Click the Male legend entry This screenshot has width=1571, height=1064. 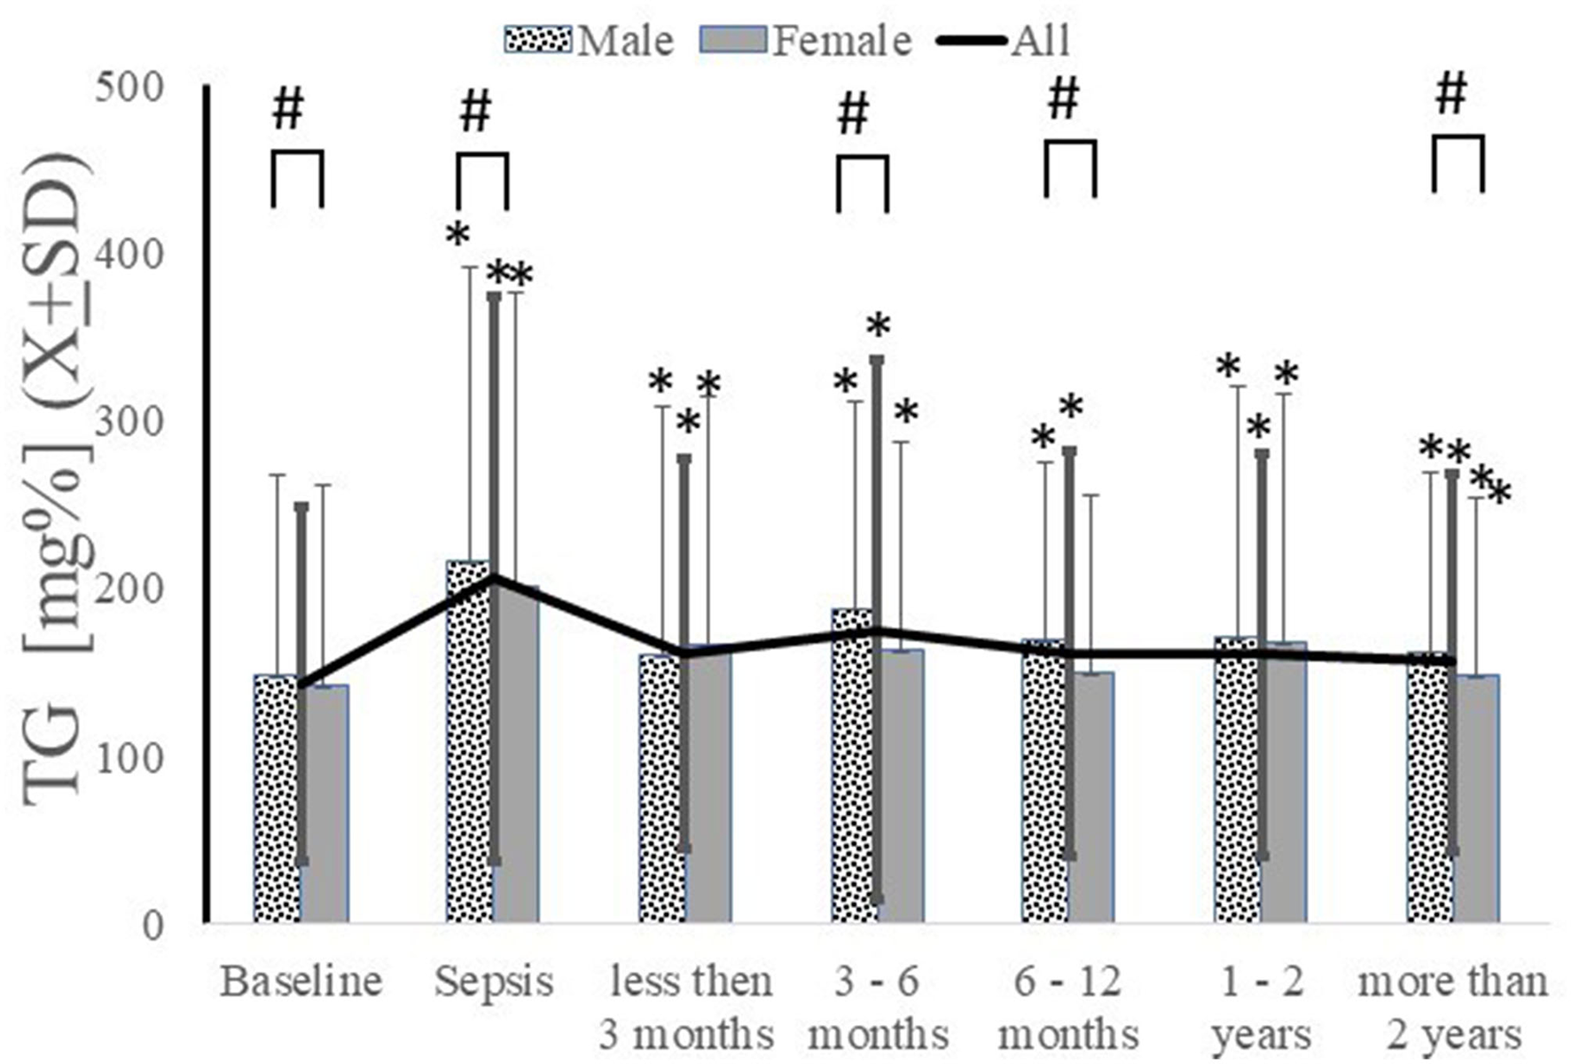coord(590,41)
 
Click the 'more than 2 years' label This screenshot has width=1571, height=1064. coord(1453,1007)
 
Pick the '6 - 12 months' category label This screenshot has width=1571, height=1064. coord(1068,1007)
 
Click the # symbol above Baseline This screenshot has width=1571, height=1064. coord(288,110)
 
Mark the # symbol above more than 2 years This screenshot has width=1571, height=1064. coord(1451,95)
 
